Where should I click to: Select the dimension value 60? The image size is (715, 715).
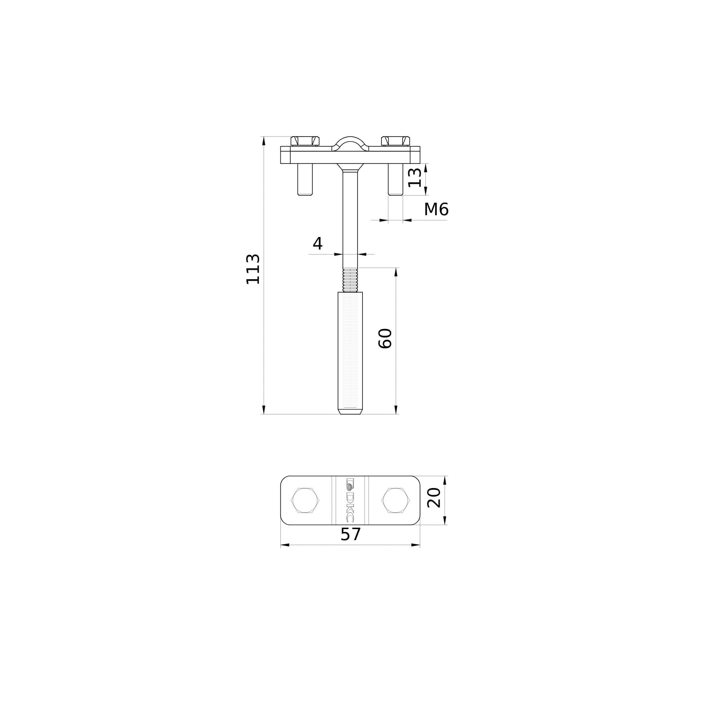click(385, 338)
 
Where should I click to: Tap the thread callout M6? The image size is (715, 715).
click(436, 209)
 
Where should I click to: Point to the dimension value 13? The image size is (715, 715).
click(414, 178)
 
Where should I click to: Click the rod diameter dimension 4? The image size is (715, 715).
click(317, 243)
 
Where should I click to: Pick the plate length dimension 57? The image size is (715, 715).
click(350, 534)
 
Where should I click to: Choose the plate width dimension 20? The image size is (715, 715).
click(434, 498)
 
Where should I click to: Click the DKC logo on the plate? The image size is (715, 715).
click(350, 500)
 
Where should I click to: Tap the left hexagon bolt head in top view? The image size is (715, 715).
click(305, 500)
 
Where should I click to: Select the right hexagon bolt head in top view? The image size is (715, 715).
click(396, 500)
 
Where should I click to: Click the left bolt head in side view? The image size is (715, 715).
click(305, 141)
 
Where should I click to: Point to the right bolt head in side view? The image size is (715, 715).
click(396, 141)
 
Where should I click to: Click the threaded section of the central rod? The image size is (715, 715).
click(350, 280)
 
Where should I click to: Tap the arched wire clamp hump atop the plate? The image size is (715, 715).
click(350, 143)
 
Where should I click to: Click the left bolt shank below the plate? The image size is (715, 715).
click(305, 179)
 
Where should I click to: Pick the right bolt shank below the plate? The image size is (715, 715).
click(396, 179)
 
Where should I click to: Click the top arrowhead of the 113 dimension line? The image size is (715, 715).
click(264, 141)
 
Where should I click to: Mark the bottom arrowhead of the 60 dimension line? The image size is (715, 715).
click(396, 409)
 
